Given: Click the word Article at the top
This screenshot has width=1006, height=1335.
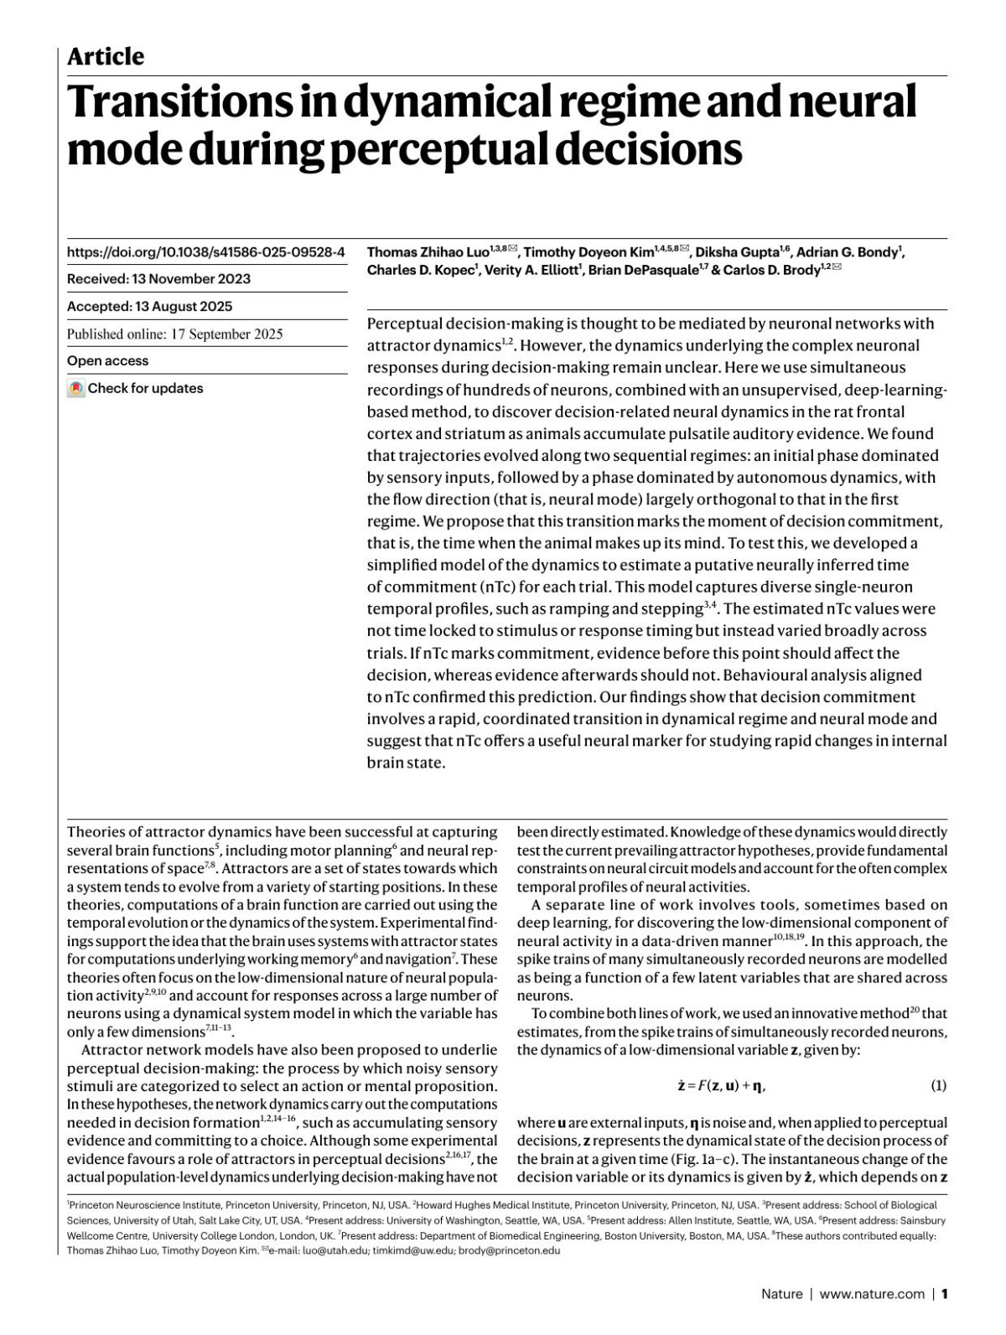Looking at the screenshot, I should point(105,56).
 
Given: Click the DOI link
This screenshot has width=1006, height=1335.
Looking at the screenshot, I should point(205,251).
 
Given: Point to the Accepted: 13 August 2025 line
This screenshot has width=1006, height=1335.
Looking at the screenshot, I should point(149,307).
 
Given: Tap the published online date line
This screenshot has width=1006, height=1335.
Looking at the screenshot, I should point(174,334).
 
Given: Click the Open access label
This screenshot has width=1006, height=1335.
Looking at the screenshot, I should point(107,361).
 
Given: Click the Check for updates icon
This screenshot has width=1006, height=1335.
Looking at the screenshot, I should point(76,389).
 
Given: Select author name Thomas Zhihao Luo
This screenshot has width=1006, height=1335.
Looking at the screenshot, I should point(428,252).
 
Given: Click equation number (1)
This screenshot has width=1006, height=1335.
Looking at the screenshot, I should point(938,1086).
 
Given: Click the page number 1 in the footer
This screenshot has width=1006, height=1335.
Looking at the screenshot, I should point(944,1294).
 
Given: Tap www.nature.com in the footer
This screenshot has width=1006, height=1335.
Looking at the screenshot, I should point(872,1294).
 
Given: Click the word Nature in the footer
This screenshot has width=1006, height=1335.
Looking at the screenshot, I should point(781,1294).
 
